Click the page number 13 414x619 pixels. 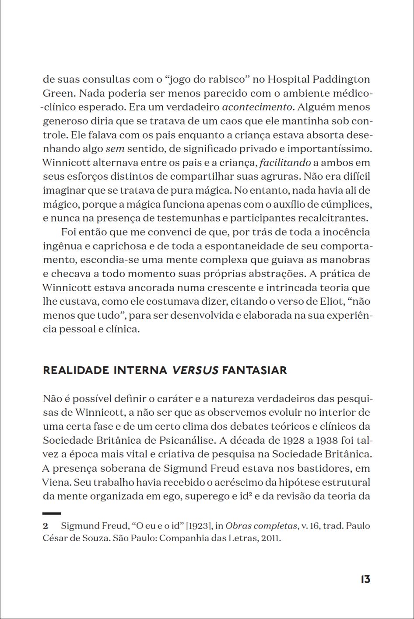(x=365, y=579)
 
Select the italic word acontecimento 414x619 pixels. (x=256, y=107)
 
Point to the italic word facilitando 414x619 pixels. (x=285, y=163)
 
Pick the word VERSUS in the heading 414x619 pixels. (x=195, y=371)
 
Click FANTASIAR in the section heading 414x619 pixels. (x=254, y=371)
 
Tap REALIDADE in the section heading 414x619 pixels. (x=76, y=371)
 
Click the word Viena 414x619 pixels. (x=56, y=482)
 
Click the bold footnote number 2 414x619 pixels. (x=45, y=525)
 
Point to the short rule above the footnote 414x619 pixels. (x=52, y=513)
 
